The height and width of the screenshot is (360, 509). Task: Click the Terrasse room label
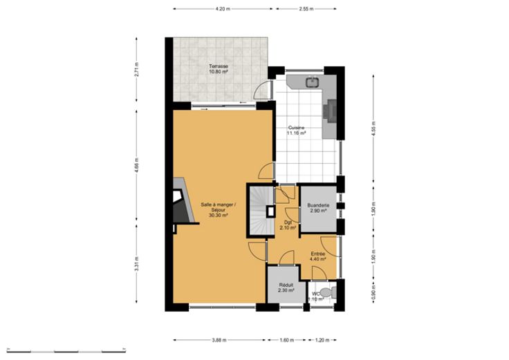219,69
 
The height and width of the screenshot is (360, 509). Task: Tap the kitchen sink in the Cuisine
312,82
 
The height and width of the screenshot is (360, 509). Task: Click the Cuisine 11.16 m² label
296,130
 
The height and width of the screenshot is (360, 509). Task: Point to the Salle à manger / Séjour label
218,209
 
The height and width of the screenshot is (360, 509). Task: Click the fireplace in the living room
183,201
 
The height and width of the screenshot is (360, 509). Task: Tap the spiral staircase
261,211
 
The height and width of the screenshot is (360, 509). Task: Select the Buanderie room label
318,208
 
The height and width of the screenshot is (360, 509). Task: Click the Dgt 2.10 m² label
288,225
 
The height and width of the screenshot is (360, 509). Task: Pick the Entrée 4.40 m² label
318,256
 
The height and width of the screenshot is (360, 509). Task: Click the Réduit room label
286,287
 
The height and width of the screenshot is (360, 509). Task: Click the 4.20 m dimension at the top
223,9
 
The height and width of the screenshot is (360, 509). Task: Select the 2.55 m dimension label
306,9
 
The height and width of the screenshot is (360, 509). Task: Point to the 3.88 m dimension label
219,340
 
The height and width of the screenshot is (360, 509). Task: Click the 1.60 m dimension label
286,340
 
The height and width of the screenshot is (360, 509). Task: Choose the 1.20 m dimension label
322,340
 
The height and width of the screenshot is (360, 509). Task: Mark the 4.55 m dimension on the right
374,129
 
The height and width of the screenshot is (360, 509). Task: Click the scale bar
66,350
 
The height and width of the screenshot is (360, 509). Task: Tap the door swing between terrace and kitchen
262,90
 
